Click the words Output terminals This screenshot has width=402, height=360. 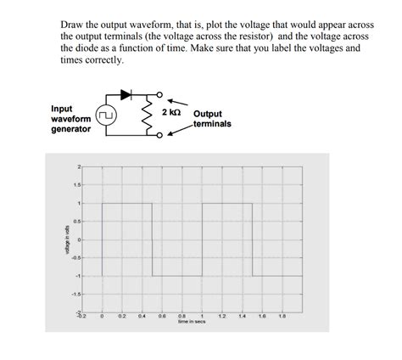coord(212,119)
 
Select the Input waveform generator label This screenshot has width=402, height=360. coord(69,119)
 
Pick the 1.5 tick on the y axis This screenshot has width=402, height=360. coord(77,185)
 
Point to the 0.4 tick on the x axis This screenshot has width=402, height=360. coord(142,316)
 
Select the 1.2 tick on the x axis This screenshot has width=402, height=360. coord(222,316)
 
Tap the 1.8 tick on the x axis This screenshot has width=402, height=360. coord(282,316)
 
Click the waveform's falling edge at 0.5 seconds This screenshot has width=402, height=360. coord(152,239)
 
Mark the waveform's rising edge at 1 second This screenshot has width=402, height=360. coord(203,239)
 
